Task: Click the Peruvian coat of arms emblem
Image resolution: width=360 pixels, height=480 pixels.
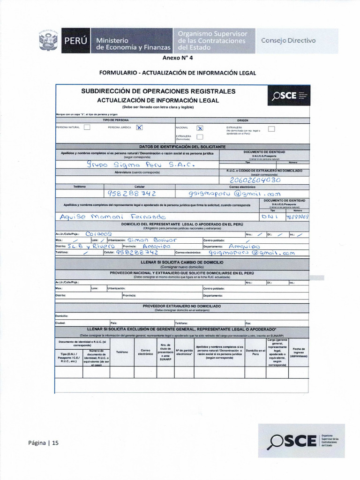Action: [48, 41]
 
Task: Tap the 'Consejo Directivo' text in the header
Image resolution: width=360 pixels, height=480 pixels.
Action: [288, 40]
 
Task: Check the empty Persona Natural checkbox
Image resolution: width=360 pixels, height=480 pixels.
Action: [87, 127]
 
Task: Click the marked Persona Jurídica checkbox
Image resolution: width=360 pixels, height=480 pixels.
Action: [139, 127]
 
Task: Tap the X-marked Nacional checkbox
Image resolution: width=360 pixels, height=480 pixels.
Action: [200, 127]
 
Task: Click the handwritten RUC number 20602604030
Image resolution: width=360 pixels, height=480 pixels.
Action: [255, 180]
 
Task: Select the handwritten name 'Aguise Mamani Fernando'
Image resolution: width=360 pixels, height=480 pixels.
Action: [112, 217]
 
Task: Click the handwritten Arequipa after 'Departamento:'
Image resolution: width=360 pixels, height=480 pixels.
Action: [244, 246]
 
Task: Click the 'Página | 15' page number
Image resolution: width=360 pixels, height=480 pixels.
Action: [44, 443]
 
